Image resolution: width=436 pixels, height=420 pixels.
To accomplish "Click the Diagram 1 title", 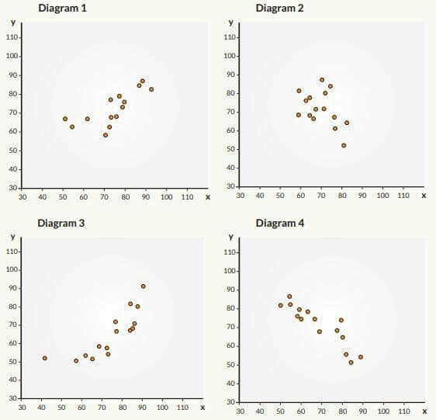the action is click(63, 8).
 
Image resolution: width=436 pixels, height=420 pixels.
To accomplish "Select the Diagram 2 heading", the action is click(279, 8).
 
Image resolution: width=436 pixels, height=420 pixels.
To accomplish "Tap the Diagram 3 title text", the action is click(61, 224).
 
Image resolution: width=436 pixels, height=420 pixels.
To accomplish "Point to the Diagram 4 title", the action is click(280, 224).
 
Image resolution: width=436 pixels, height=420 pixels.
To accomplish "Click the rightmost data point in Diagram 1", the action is click(151, 89).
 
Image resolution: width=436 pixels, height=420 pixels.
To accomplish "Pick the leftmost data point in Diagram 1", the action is click(65, 119).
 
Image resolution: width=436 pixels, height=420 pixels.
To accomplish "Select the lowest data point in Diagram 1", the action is click(106, 135).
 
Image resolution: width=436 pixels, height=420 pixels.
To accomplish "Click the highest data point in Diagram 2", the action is click(322, 80).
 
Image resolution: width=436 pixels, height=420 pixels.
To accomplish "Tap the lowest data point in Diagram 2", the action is click(344, 145).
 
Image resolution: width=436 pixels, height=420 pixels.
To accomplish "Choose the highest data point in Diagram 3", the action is click(144, 286).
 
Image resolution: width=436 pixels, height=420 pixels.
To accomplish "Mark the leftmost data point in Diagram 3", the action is click(45, 358).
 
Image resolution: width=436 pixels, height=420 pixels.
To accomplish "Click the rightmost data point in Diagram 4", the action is click(361, 357).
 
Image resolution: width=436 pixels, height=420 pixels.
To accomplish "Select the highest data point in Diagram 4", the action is click(289, 297).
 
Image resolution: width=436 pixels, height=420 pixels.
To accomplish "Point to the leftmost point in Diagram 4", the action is click(281, 305).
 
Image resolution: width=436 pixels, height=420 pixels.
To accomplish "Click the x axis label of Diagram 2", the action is click(424, 196).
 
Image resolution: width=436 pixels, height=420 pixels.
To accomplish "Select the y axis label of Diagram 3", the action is click(12, 237).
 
